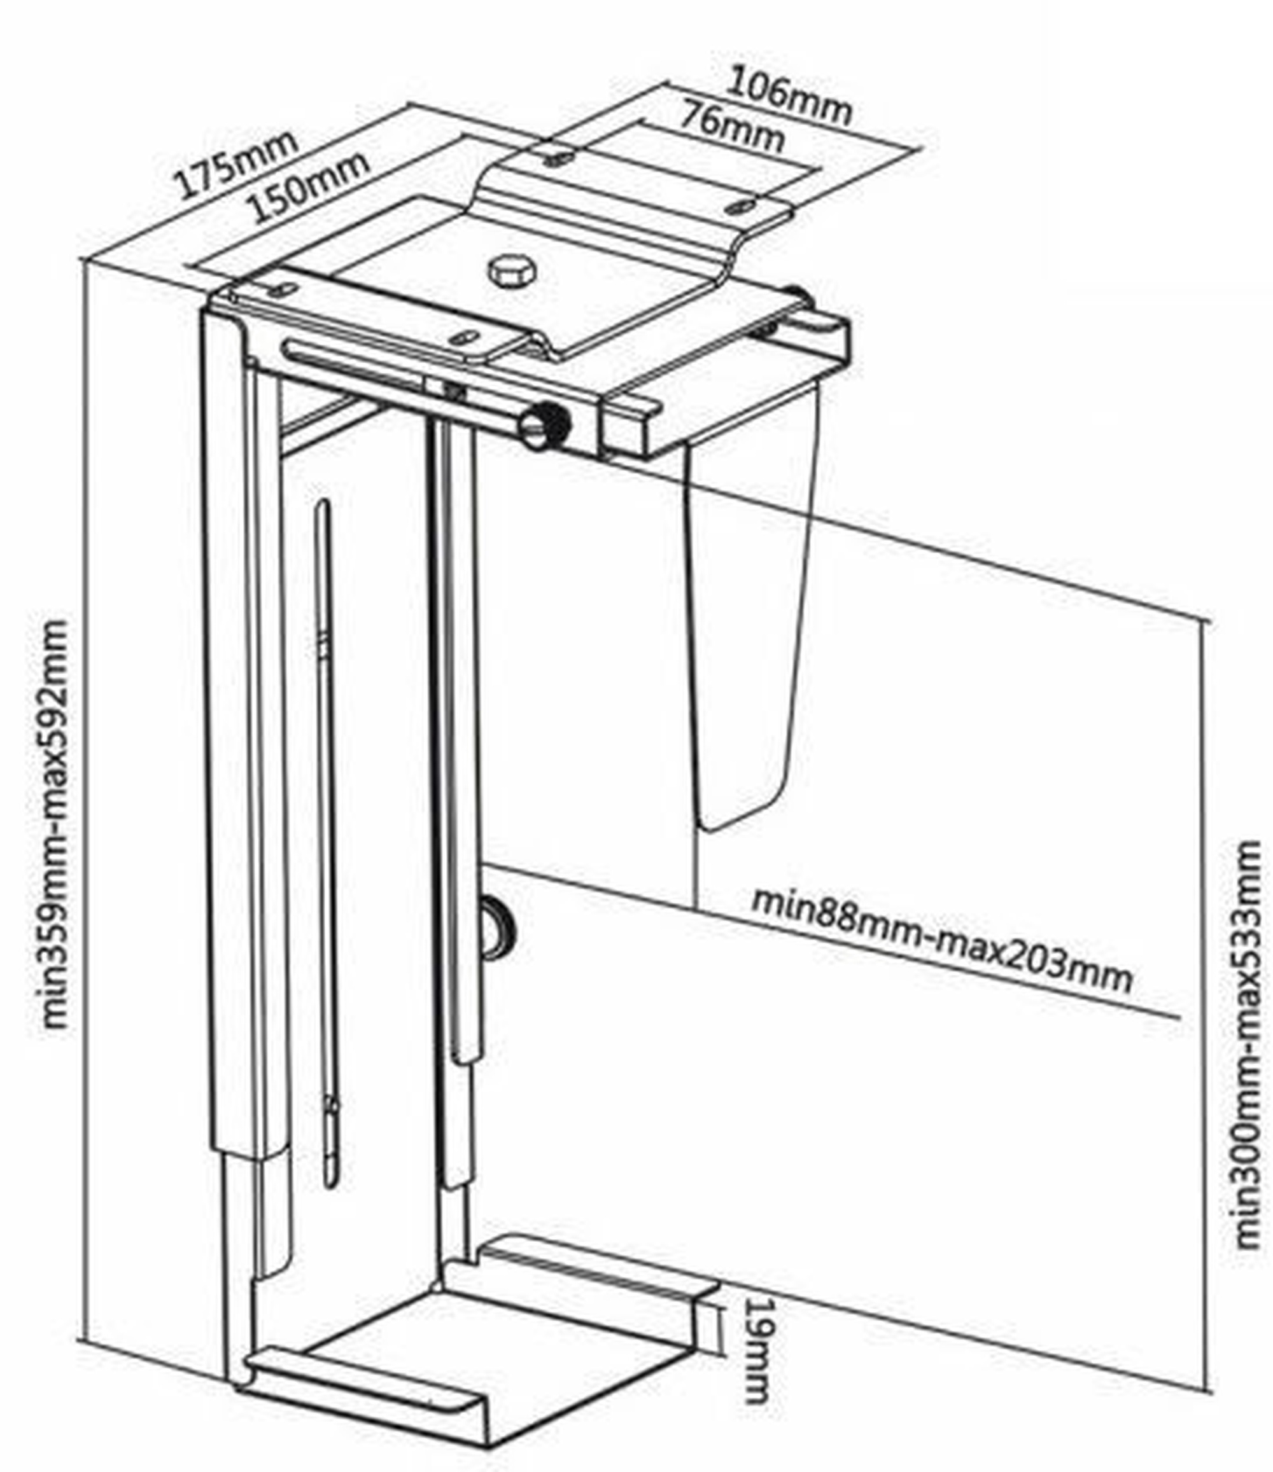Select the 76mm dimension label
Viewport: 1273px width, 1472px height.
(x=733, y=128)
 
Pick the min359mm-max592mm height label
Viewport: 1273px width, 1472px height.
(x=55, y=823)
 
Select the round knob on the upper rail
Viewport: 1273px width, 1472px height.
(x=545, y=426)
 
